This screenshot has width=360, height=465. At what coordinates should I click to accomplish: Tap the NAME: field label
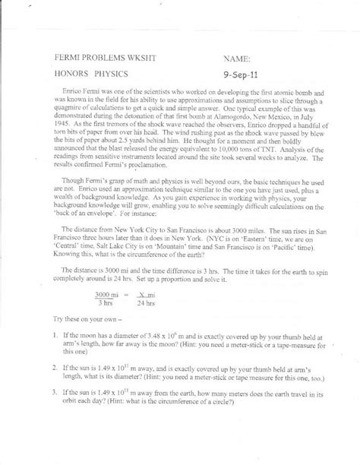coord(242,57)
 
